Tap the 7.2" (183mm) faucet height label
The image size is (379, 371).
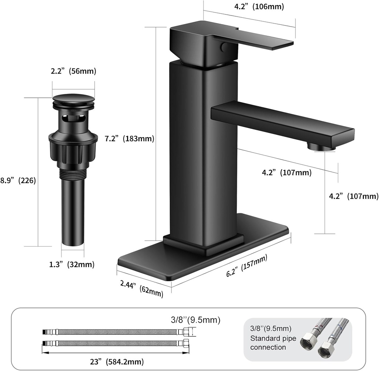pyautogui.click(x=129, y=139)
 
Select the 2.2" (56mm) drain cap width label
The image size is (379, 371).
pyautogui.click(x=73, y=72)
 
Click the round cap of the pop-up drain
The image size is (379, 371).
pyautogui.click(x=73, y=100)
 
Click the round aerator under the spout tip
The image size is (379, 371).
pyautogui.click(x=321, y=147)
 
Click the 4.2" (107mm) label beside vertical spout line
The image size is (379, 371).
pyautogui.click(x=353, y=196)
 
